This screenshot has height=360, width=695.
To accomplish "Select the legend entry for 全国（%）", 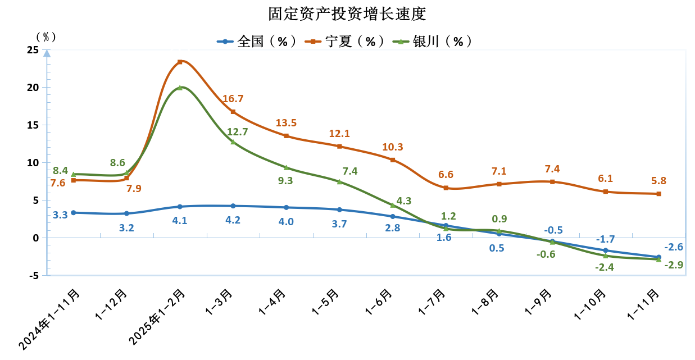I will click(257, 42).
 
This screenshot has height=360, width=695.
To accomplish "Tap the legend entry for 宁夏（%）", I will click(344, 42).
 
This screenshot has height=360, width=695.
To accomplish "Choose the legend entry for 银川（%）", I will click(432, 42).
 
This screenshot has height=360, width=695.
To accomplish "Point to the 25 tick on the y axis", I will click(33, 50).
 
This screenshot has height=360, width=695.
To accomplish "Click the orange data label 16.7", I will click(233, 99).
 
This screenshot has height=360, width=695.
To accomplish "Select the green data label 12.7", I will click(237, 133).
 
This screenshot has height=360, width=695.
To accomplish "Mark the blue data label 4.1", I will click(179, 220).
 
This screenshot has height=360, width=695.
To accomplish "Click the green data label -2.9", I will click(674, 265).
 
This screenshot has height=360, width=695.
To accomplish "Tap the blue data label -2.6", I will click(674, 247).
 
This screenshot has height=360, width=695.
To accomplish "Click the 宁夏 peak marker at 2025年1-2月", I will click(180, 62).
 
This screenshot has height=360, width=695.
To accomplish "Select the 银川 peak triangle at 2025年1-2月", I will click(180, 88).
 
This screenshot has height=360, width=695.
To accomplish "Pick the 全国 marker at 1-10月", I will click(605, 250).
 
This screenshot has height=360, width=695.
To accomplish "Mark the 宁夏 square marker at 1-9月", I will click(552, 182).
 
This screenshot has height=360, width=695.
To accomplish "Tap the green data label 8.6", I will click(117, 163).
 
